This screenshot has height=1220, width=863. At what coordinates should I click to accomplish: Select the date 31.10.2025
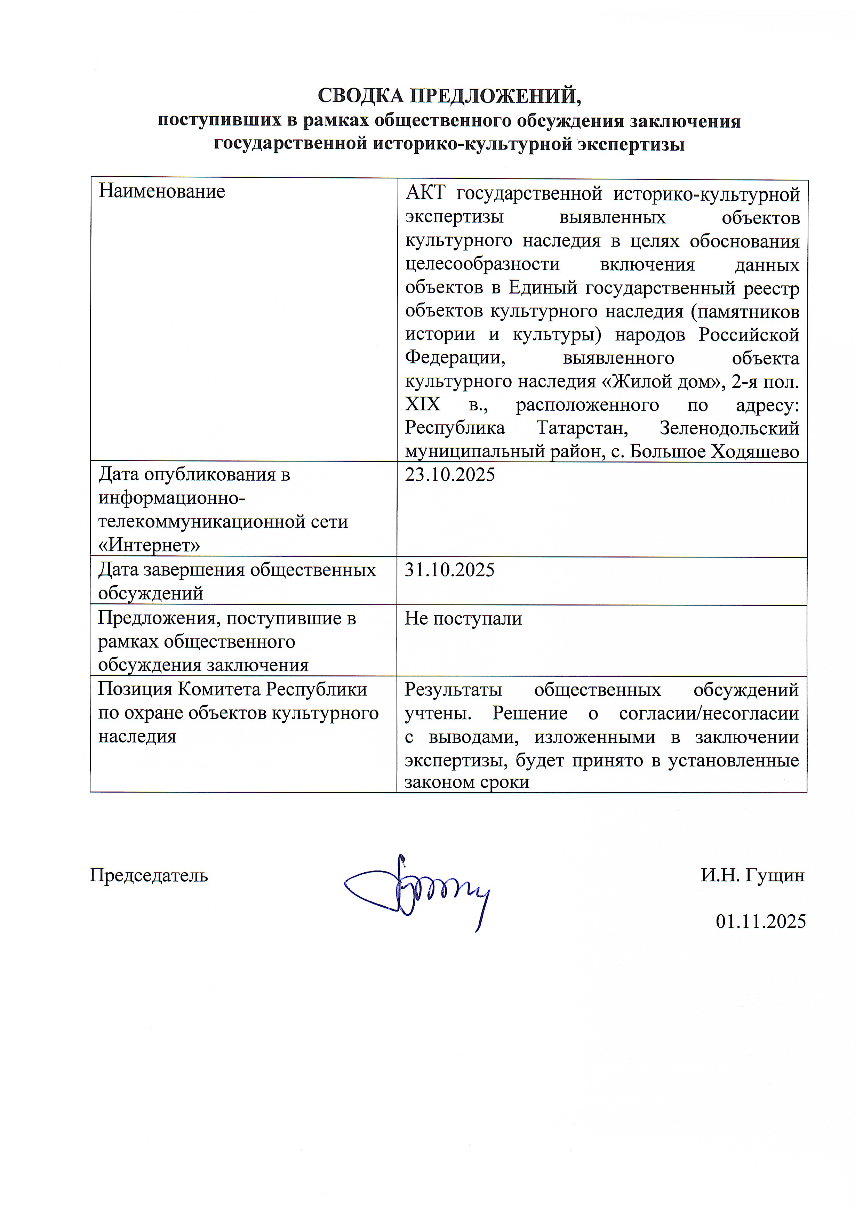[449, 570]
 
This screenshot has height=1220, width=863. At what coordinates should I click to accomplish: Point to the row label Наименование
[161, 191]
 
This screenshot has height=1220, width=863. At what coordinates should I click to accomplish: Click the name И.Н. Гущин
[752, 875]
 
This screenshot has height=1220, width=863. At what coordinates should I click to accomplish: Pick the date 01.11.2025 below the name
[760, 921]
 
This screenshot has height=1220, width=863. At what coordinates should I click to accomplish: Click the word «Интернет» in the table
[149, 545]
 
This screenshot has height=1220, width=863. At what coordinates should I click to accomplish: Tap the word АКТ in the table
[425, 194]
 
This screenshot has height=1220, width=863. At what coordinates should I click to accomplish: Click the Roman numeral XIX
[423, 405]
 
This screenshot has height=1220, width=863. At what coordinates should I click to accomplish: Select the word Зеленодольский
[729, 428]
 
